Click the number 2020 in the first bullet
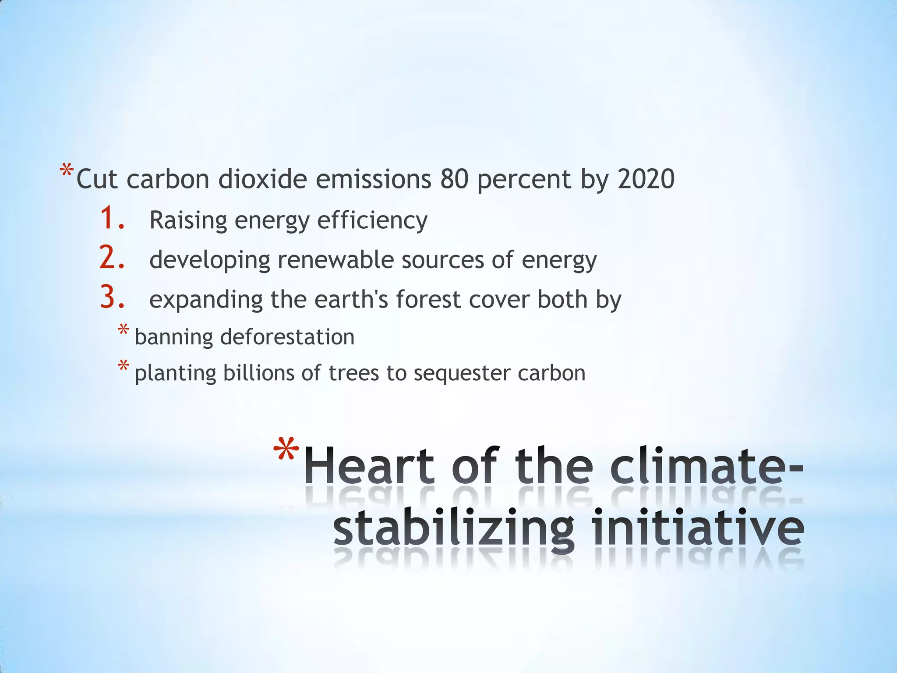coord(646,179)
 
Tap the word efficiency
coord(372,220)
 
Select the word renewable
coord(335,260)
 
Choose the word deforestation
coord(287,337)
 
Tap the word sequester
coord(461,374)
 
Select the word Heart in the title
coord(369,465)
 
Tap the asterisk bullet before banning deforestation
coord(124,330)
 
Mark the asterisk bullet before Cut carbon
coord(67,170)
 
